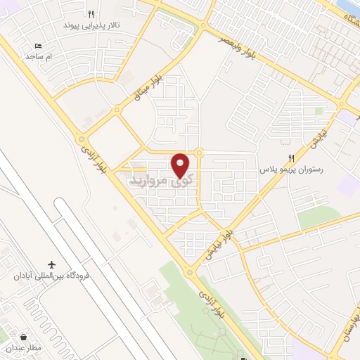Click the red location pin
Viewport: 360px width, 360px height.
pos(181,165)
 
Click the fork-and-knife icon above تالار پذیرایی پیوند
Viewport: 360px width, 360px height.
pos(91,13)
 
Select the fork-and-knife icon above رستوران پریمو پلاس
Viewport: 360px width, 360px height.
pos(291,158)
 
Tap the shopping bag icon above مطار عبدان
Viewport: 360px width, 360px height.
pos(25,337)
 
